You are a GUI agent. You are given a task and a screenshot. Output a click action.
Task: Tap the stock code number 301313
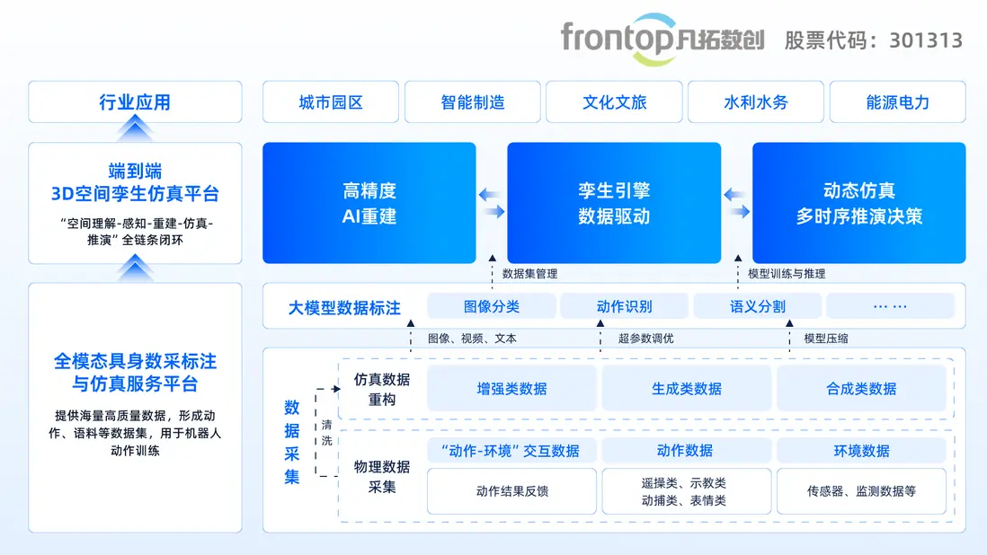926,40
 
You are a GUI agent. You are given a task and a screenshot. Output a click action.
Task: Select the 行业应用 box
135,101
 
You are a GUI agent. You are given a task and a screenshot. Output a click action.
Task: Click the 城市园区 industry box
331,101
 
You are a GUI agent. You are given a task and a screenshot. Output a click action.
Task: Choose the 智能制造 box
473,101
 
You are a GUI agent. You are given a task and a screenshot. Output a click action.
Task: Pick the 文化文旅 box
614,101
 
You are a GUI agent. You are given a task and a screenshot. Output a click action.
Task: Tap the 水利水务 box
756,101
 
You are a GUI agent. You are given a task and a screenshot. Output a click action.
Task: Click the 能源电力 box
898,101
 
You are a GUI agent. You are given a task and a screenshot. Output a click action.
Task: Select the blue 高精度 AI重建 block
369,203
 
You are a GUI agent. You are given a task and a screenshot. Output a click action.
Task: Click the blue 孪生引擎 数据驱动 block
614,203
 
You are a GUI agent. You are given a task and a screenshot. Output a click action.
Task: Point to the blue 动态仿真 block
858,203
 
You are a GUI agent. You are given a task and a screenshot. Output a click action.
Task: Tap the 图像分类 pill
492,307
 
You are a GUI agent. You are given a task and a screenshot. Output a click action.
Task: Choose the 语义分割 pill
757,307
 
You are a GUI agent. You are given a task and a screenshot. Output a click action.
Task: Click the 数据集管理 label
530,274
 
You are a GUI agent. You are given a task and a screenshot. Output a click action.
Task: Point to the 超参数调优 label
645,339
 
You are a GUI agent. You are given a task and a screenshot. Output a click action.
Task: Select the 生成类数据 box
687,389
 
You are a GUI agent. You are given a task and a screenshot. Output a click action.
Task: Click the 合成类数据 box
861,389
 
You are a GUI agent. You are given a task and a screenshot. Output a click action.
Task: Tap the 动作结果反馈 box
511,491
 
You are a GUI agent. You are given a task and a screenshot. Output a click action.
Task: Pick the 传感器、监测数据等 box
861,491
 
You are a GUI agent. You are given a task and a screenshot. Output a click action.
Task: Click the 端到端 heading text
135,171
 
